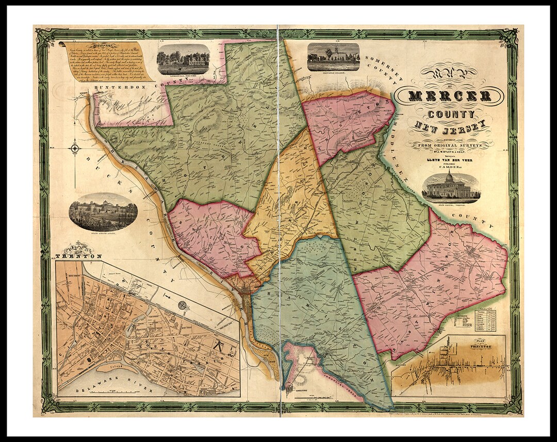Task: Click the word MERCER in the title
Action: [x=449, y=96]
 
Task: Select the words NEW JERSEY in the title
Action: [x=450, y=126]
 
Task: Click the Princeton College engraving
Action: [x=333, y=57]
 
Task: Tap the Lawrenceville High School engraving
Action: [x=183, y=59]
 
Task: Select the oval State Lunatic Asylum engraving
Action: [x=103, y=212]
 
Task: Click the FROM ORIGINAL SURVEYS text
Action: [x=450, y=146]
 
